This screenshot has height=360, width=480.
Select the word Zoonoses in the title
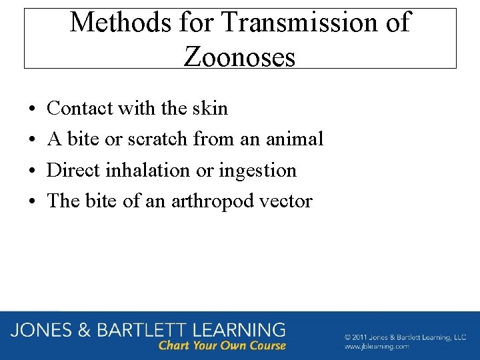point(239,57)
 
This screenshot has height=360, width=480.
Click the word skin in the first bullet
point(211,108)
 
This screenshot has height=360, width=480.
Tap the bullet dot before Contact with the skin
point(33,109)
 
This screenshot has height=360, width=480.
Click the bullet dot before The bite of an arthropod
point(33,201)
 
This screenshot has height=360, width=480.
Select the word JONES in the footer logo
point(45,329)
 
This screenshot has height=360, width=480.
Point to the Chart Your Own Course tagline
point(222,345)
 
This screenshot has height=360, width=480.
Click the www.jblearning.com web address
point(376,347)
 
